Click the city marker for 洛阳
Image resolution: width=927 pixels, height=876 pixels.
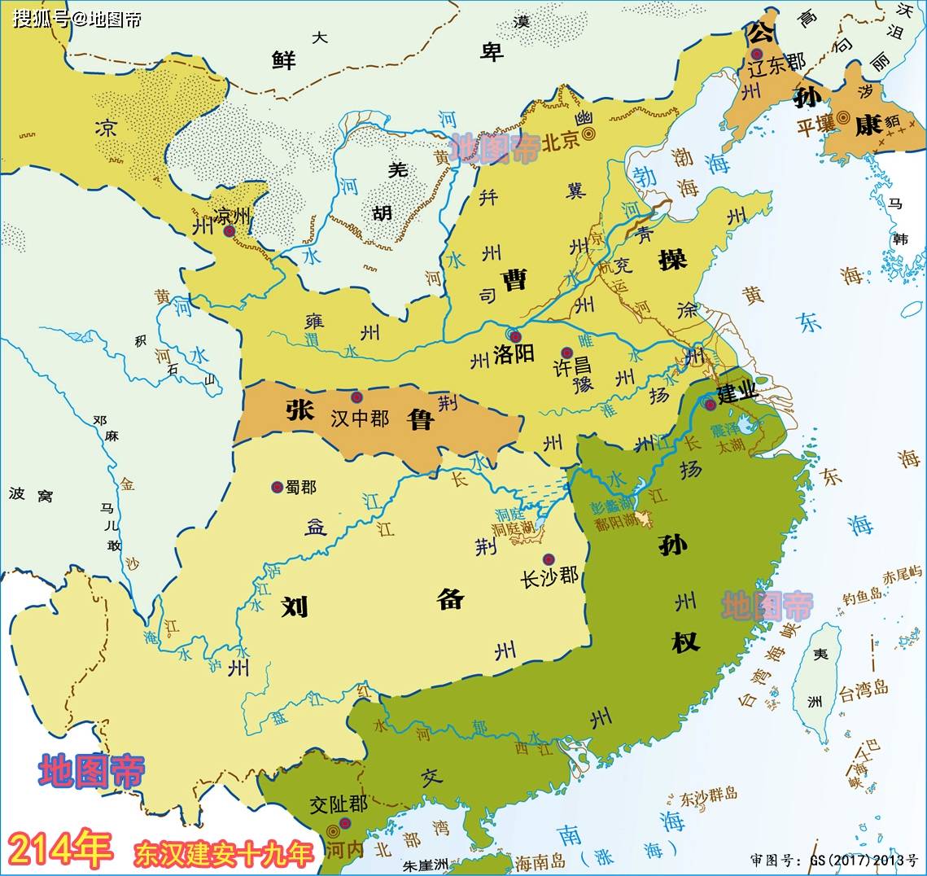coord(514,336)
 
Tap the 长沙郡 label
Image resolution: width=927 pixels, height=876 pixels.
coord(550,576)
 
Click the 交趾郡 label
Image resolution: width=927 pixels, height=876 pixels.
coord(339,804)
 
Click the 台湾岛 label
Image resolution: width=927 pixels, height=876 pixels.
coord(864,692)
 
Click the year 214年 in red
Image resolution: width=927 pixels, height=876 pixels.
coord(61,851)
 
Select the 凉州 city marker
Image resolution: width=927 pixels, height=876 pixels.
coord(230,231)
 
